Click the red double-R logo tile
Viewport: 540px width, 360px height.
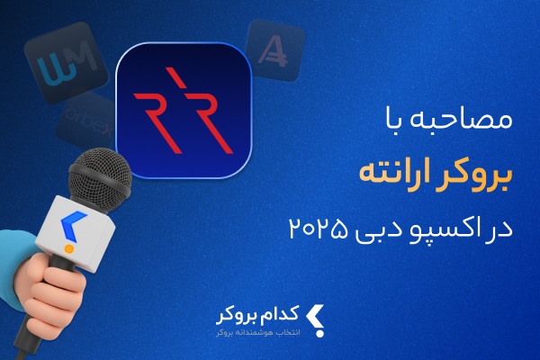coord(184,110)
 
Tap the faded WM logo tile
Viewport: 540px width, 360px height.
coord(66,62)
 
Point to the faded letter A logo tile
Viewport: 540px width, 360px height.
coord(275,50)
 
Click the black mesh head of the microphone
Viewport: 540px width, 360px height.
coord(100,176)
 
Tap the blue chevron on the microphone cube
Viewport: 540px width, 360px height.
coord(73,226)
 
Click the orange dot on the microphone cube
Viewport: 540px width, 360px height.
coord(69,248)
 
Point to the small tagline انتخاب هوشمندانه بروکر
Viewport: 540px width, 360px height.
coord(258,333)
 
